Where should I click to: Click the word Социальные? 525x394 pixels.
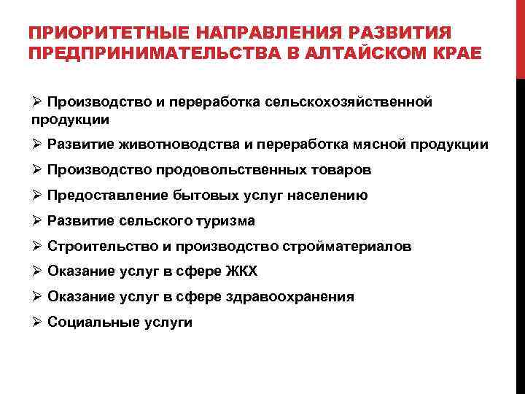89,322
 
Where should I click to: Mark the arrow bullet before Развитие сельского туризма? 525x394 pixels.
37,220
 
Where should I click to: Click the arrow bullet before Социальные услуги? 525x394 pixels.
37,322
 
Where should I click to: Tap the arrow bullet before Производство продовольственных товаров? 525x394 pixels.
37,169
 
